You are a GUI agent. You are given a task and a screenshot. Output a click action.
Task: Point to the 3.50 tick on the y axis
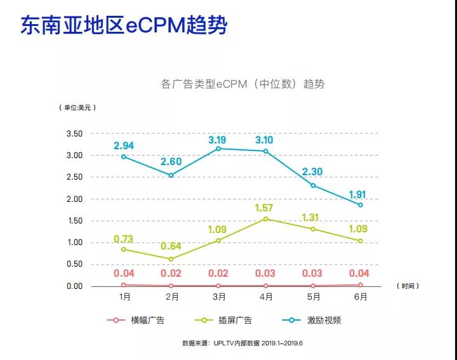click(74, 134)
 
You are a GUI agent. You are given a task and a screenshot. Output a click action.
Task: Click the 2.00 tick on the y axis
click(74, 199)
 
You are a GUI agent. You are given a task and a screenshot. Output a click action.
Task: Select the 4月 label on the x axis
click(265, 297)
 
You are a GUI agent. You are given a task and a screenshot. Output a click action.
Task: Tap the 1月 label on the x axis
click(124, 297)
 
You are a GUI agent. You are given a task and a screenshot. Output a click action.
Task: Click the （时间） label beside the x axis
click(408, 286)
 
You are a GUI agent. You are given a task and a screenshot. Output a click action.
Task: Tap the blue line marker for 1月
click(124, 156)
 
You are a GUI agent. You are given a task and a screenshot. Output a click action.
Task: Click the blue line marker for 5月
click(312, 185)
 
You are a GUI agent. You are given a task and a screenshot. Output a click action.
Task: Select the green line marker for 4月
click(265, 219)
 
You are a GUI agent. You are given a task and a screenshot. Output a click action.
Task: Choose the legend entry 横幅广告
click(135, 320)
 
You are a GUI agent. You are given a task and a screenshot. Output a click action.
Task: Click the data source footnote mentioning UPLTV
click(243, 343)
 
